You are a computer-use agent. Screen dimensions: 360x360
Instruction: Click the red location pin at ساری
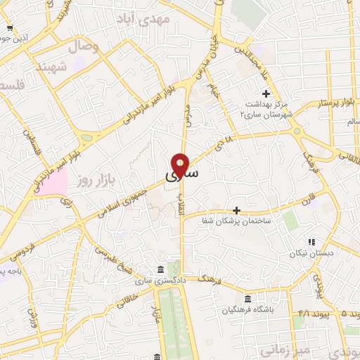[x=181, y=165]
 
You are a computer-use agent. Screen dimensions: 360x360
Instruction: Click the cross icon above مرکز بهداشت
[x=266, y=94]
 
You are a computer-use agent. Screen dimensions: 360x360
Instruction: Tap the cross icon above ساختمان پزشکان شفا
[x=236, y=210]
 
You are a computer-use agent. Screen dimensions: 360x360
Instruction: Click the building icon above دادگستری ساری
[x=162, y=270]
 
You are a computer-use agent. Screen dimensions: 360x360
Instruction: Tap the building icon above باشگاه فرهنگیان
[x=247, y=297]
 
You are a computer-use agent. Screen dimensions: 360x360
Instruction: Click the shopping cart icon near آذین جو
[x=9, y=29]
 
